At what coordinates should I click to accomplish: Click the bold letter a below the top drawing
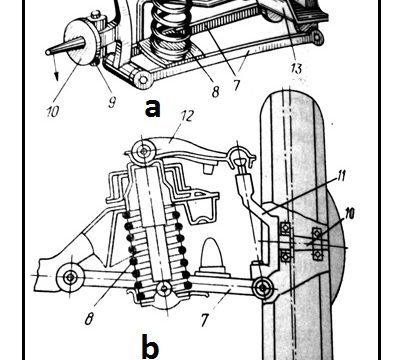point(152,109)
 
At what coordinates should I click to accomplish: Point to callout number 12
point(187,116)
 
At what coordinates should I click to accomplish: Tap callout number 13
point(295,68)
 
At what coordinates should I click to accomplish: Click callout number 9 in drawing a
point(112,102)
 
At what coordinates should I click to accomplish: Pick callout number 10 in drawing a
point(52,112)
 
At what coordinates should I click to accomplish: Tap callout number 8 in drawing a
point(215,91)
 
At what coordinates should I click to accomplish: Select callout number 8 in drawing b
point(88,320)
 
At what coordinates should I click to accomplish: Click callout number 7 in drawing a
point(236,85)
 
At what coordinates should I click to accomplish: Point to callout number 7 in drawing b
point(204,321)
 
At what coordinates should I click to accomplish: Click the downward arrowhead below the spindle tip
point(57,76)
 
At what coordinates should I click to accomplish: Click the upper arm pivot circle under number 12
point(144,152)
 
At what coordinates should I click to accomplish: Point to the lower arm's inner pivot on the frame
point(70,277)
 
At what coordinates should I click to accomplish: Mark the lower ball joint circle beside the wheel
point(263,287)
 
